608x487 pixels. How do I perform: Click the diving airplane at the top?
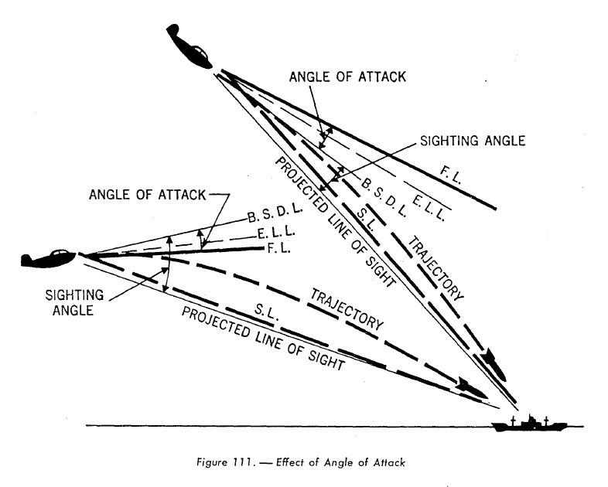[x=190, y=46]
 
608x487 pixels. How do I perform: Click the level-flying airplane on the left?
[x=48, y=257]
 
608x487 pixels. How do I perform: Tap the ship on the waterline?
[x=531, y=423]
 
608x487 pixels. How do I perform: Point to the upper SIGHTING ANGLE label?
[x=473, y=141]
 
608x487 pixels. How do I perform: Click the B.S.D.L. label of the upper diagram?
[x=385, y=189]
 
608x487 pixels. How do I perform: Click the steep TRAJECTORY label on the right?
[x=437, y=267]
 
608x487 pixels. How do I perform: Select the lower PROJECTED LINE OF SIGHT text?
[x=262, y=339]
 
